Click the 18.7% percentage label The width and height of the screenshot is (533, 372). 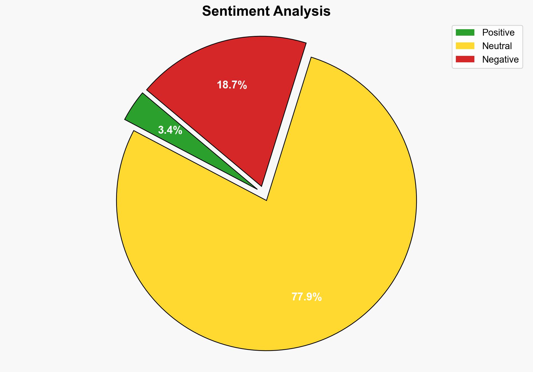(232, 85)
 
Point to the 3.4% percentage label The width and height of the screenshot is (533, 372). (170, 130)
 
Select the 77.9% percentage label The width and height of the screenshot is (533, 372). (307, 297)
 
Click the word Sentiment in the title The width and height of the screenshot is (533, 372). (235, 12)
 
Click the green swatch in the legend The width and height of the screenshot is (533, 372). (465, 33)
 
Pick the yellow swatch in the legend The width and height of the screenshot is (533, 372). (465, 46)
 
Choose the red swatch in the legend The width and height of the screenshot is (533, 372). (465, 59)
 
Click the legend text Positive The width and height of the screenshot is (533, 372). (498, 33)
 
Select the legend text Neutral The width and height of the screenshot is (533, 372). (497, 46)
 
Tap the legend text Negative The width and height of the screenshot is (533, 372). (500, 59)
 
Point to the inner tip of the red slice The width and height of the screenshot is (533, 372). (261, 185)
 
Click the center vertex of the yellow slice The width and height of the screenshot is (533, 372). (266, 200)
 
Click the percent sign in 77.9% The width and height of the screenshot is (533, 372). (317, 297)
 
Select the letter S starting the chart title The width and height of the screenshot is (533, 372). (206, 12)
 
